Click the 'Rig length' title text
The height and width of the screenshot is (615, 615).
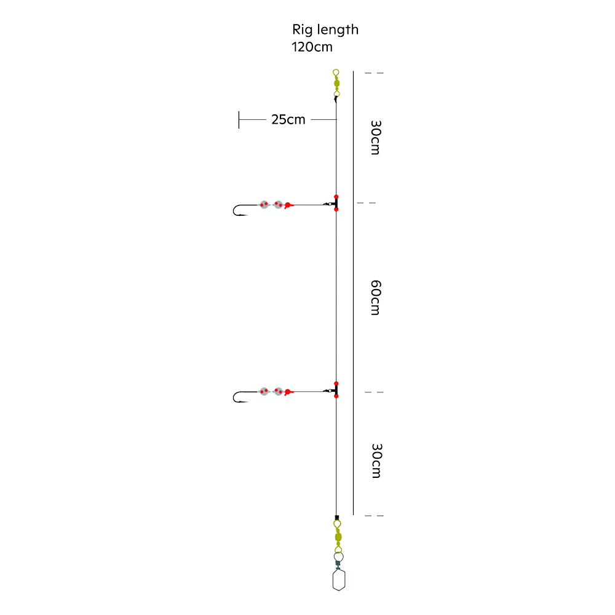[325, 30]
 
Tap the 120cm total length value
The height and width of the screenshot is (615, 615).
[312, 47]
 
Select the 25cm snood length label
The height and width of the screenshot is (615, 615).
[288, 119]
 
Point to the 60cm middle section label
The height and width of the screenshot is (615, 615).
[376, 298]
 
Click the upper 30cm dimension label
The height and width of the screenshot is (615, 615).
[376, 138]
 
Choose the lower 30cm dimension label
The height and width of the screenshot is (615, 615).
[376, 461]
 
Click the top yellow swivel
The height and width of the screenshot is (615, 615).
[336, 83]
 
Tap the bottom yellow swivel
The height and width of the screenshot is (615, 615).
[338, 536]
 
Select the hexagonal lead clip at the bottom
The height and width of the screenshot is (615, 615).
[339, 580]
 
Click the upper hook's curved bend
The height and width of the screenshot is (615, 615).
[234, 210]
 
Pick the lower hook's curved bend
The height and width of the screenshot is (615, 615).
[234, 397]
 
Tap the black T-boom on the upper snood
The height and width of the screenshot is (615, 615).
[336, 203]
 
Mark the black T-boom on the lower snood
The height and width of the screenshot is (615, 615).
[336, 390]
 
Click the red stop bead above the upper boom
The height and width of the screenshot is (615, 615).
[336, 197]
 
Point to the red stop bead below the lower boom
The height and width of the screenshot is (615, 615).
[336, 396]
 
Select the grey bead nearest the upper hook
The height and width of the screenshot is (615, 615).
[264, 205]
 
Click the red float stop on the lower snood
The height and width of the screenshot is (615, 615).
[288, 392]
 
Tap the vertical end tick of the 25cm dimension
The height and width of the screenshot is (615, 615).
[239, 120]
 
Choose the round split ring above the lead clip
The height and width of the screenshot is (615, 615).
[338, 557]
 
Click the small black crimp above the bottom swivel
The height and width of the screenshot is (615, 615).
[336, 518]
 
